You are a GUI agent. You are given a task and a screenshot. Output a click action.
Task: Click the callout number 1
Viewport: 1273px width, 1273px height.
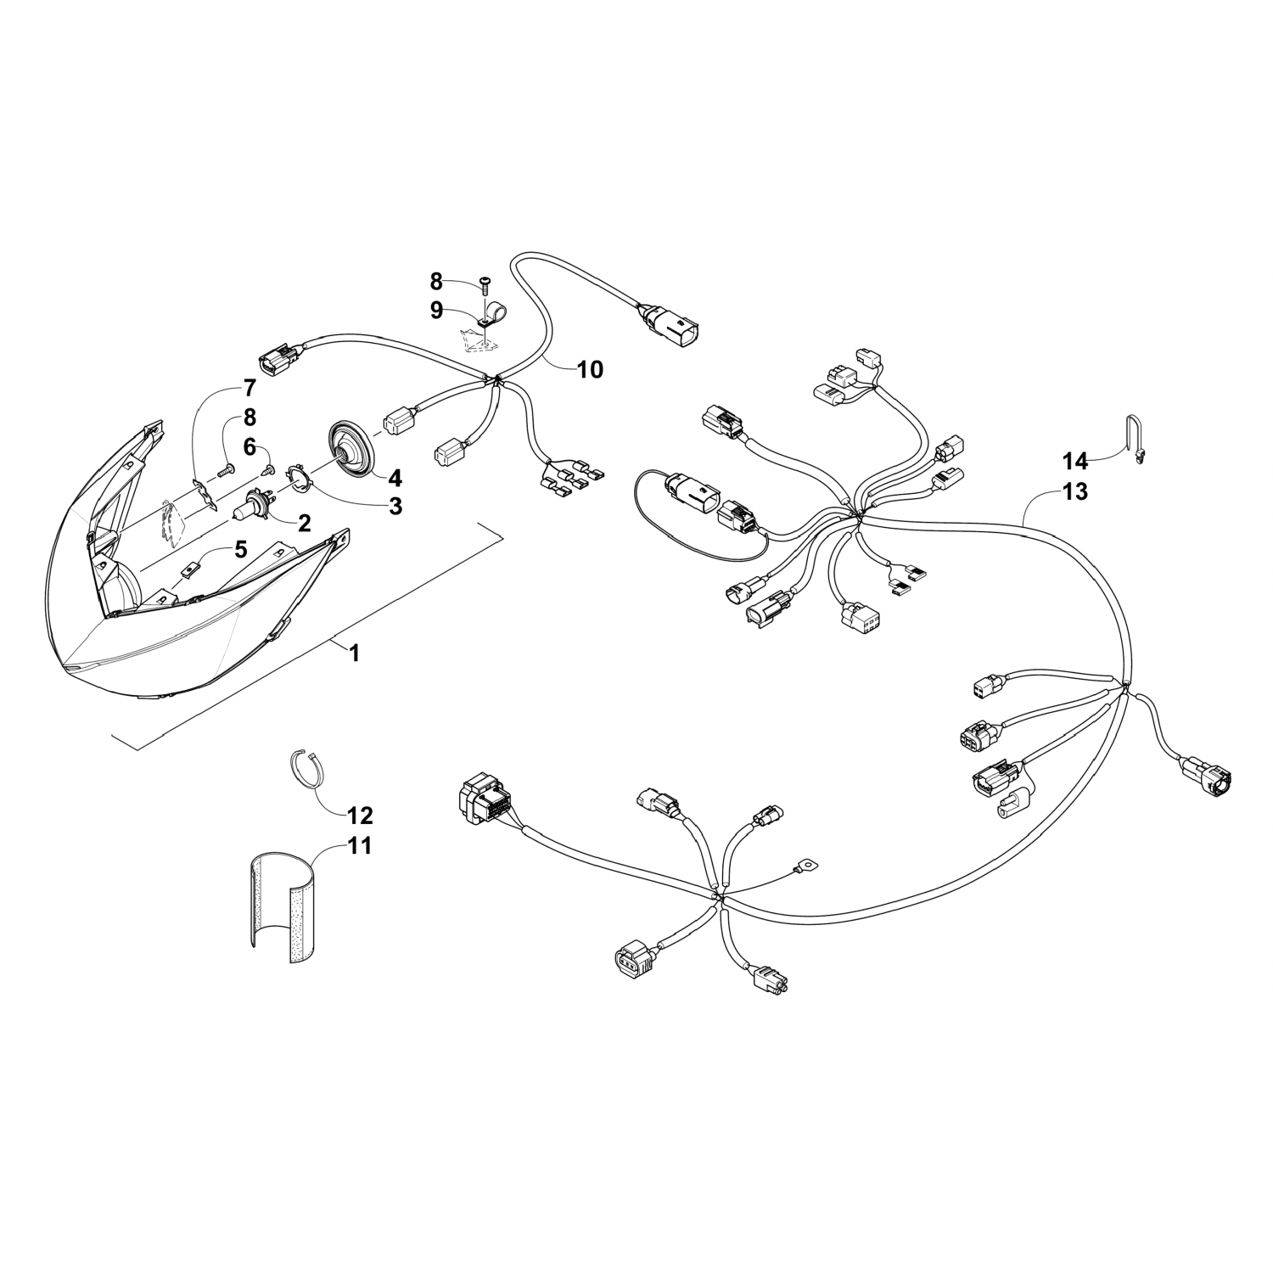pos(355,653)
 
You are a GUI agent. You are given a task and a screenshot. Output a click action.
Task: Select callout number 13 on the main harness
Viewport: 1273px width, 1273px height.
pos(1074,491)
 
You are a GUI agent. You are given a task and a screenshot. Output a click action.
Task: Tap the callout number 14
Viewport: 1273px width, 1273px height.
pos(1074,461)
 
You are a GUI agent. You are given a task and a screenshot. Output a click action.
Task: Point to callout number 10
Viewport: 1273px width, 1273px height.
pos(590,369)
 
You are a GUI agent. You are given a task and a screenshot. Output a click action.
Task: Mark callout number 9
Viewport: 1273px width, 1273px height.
pos(436,310)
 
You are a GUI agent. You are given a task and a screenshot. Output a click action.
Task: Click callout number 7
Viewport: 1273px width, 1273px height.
pos(249,389)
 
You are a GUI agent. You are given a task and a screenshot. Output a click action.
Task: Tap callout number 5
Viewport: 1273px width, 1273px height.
pos(241,549)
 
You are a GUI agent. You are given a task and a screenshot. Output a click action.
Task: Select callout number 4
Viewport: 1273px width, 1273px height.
pos(395,476)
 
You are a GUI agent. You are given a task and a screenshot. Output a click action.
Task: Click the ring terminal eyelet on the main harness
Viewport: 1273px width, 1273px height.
pos(799,866)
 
